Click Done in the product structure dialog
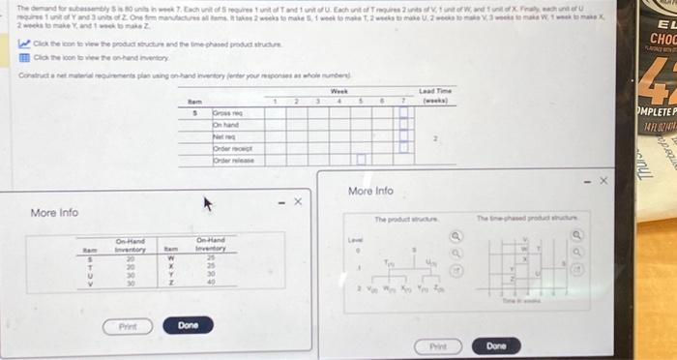click(x=496, y=345)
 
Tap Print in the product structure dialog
click(x=437, y=345)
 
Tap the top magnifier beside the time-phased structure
click(x=579, y=233)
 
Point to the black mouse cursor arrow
click(x=205, y=205)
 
